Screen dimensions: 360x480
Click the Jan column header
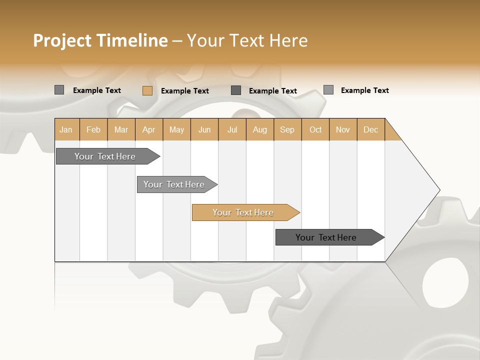pos(66,129)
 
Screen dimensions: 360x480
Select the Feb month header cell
pos(93,129)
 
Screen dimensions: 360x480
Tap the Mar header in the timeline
pos(121,129)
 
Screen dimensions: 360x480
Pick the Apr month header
pos(149,129)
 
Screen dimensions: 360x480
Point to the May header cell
pos(176,129)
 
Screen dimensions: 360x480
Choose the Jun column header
pos(204,129)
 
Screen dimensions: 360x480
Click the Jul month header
pos(232,129)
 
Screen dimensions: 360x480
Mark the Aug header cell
pos(260,129)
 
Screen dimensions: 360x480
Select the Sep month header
pos(287,129)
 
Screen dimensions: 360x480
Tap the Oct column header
pos(315,129)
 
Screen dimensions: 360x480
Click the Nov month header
pos(343,129)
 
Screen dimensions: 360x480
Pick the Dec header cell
pos(370,129)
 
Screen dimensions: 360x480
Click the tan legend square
pos(147,90)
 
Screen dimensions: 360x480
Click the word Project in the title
pos(62,40)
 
